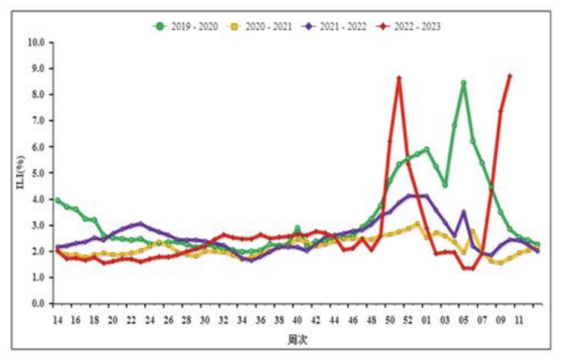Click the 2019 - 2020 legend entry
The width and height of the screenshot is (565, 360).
tap(186, 26)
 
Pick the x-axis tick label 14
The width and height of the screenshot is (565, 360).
tap(57, 320)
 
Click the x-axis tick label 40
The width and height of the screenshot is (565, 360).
tap(297, 320)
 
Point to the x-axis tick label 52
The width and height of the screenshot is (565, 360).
tap(408, 320)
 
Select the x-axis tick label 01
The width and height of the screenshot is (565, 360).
tap(427, 320)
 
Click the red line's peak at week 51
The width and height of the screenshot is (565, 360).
tap(399, 78)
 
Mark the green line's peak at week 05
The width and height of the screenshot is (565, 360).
tap(463, 83)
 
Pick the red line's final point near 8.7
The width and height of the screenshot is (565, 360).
tap(510, 76)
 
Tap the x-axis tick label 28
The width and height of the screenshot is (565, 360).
tap(186, 320)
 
